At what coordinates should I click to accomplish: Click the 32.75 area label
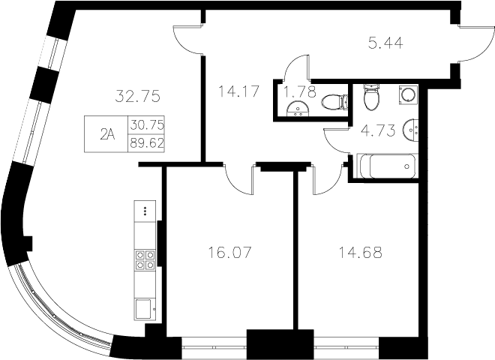(x=139, y=96)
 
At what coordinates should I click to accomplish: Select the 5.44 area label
(x=385, y=43)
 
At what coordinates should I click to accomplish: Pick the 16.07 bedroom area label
(x=228, y=252)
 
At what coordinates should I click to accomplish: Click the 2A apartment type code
(x=108, y=135)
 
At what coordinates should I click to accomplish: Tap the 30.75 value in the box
(x=147, y=125)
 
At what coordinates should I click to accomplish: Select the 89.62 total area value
(x=147, y=142)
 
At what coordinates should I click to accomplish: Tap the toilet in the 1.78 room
(x=332, y=100)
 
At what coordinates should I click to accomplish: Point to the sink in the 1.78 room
(x=299, y=111)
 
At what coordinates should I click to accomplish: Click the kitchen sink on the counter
(x=144, y=307)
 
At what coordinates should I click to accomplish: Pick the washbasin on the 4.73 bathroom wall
(x=411, y=130)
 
